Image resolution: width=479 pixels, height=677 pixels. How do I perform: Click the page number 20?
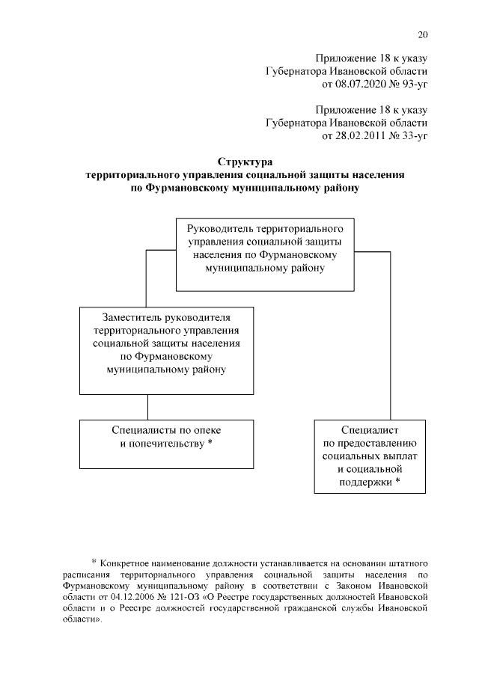point(423,34)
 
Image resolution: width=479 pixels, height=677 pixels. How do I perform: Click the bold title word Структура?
point(245,162)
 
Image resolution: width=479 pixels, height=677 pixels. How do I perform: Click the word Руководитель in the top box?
point(219,225)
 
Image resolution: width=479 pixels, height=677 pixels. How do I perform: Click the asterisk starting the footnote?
point(94,562)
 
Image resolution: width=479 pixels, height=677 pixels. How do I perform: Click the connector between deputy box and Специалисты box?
point(147,406)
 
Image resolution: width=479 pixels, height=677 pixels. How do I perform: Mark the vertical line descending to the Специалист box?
point(390,337)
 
